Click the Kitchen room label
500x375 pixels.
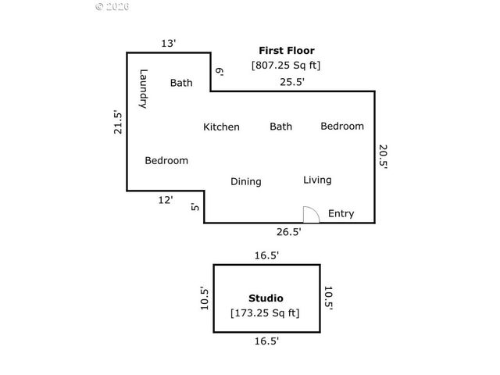pos(221,127)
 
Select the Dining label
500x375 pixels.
pos(245,181)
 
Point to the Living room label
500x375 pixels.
pos(317,180)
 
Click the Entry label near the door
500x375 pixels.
pos(341,213)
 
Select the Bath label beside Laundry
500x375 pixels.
pos(181,82)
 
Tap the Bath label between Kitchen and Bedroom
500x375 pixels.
pos(280,126)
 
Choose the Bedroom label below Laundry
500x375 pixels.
pos(166,160)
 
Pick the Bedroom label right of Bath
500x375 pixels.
pos(342,126)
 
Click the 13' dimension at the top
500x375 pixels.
pos(169,43)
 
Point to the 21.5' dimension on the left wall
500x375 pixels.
pos(118,122)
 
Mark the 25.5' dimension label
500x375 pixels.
pos(292,81)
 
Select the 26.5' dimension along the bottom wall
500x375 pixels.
pos(287,231)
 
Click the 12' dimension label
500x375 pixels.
pos(166,200)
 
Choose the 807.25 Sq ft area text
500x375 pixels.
pos(285,66)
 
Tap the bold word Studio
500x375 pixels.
pos(266,298)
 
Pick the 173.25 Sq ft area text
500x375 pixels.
pos(265,313)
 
